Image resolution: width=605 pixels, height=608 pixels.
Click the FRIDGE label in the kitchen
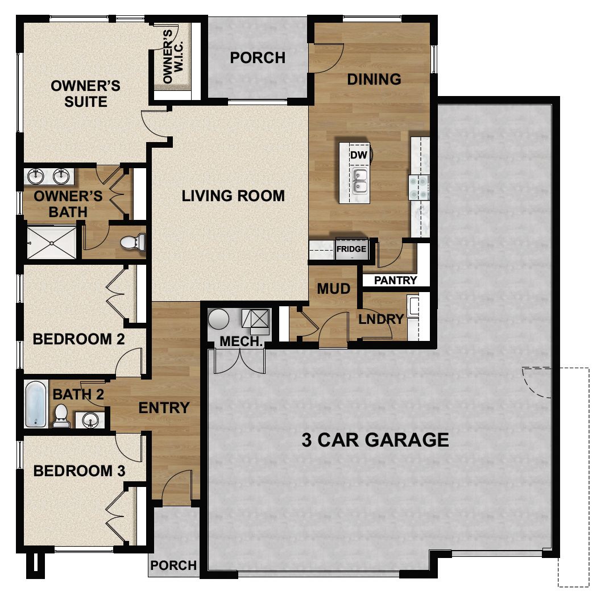pyautogui.click(x=351, y=249)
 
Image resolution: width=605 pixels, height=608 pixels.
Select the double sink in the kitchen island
pyautogui.click(x=359, y=181)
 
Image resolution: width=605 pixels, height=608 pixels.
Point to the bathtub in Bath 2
pyautogui.click(x=35, y=404)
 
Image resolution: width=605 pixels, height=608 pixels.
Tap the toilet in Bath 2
pyautogui.click(x=61, y=418)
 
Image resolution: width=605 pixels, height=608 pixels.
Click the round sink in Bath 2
pyautogui.click(x=90, y=420)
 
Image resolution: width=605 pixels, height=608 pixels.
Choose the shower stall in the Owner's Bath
pyautogui.click(x=51, y=243)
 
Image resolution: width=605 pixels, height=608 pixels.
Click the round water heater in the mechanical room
pyautogui.click(x=218, y=319)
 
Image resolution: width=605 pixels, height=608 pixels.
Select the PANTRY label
pyautogui.click(x=396, y=280)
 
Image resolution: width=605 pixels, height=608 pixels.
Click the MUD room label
pyautogui.click(x=334, y=289)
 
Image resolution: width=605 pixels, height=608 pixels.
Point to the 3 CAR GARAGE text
pyautogui.click(x=375, y=440)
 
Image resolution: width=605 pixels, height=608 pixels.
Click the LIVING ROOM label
pyautogui.click(x=233, y=196)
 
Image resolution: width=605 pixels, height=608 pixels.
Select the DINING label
pyautogui.click(x=374, y=79)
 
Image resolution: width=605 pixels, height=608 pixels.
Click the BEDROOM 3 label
pyautogui.click(x=80, y=471)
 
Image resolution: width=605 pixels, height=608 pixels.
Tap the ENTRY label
pyautogui.click(x=164, y=407)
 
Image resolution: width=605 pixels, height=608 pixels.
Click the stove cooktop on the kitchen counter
pyautogui.click(x=419, y=186)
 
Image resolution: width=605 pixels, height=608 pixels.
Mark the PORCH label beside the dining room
pyautogui.click(x=258, y=58)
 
